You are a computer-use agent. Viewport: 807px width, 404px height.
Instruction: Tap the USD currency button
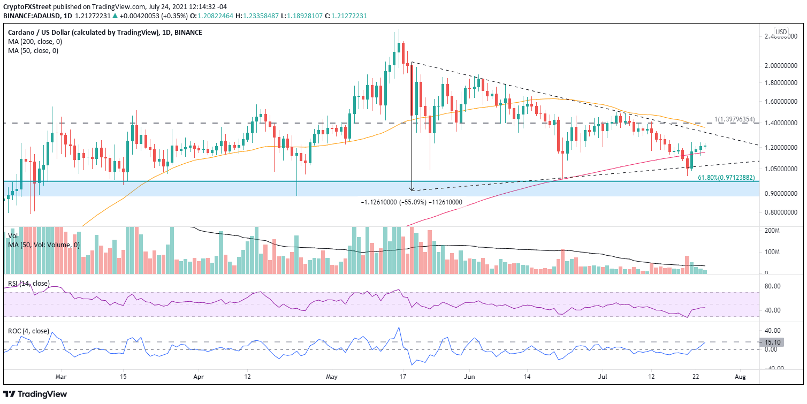pos(781,32)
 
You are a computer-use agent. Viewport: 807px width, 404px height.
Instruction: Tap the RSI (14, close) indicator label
pos(27,284)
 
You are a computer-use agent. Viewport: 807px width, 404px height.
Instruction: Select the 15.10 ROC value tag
pos(773,342)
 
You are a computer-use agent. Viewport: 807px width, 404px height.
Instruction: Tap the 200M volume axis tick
pos(773,231)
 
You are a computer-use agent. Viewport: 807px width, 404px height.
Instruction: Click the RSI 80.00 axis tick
pos(773,286)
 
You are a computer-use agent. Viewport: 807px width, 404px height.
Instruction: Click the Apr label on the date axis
pos(199,377)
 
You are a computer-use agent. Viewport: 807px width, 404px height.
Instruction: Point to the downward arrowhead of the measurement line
pos(412,189)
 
